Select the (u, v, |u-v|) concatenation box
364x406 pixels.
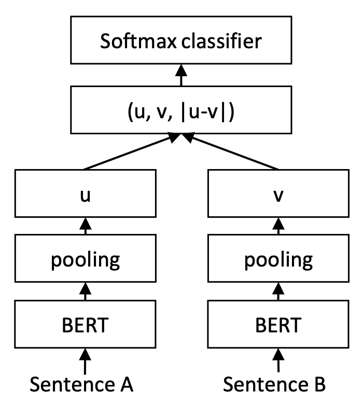coord(181,109)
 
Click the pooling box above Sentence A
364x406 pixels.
coord(85,259)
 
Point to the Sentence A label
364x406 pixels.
coord(82,384)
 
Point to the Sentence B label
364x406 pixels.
coord(275,384)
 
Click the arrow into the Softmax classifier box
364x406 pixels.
coord(181,76)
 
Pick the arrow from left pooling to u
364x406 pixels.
coord(85,227)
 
